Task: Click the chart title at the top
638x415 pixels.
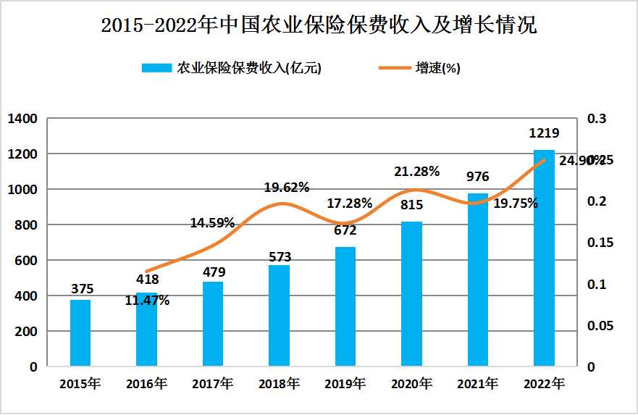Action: pos(319,27)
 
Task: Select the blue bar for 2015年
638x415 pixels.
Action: pos(80,332)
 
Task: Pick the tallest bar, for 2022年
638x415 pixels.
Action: pos(544,258)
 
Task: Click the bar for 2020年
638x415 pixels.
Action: pos(411,293)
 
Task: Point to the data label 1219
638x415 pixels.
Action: pos(544,133)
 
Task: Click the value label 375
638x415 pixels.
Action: pos(82,288)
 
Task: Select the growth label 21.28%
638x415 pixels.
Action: pos(416,172)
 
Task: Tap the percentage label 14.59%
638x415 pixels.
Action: pos(212,223)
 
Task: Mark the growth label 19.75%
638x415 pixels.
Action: pos(515,204)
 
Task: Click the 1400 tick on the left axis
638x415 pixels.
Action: pos(22,119)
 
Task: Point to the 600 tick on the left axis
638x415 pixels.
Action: pos(27,261)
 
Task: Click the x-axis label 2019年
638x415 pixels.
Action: pos(345,384)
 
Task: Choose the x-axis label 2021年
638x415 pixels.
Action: pos(477,384)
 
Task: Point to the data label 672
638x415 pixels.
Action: pos(345,231)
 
